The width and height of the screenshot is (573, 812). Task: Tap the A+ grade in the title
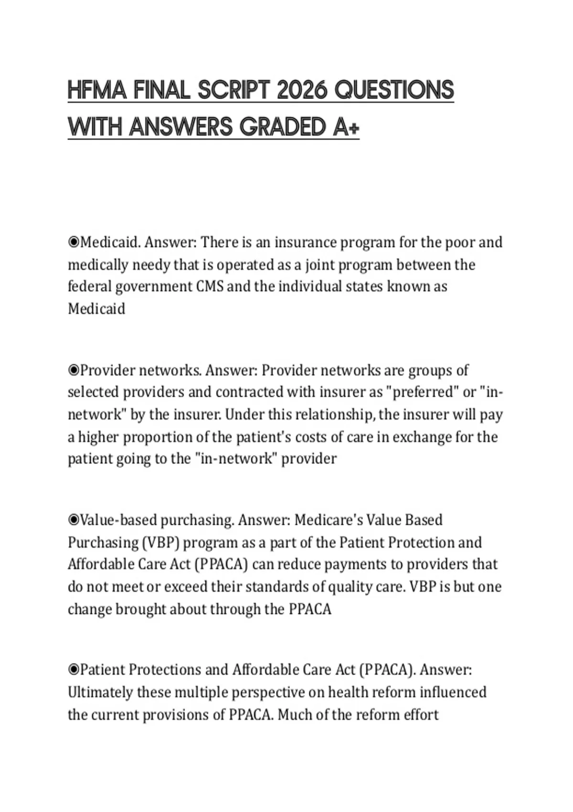345,128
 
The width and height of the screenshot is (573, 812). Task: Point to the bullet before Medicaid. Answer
74,243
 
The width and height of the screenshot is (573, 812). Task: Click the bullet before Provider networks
74,370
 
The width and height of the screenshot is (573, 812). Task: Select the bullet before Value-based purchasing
74,520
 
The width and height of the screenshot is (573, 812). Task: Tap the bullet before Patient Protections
74,670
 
